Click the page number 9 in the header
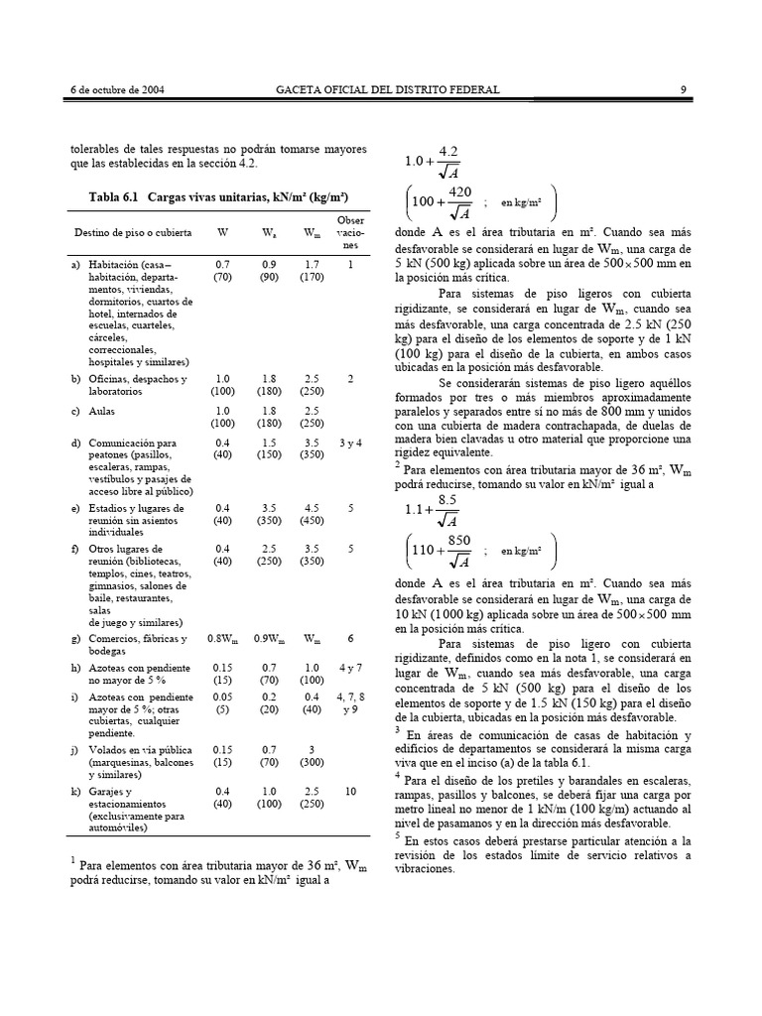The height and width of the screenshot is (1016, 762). pos(684,90)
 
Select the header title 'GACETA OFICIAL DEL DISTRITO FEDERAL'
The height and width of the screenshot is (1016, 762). pos(387,90)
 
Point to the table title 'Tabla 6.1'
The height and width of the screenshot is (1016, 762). pos(117,196)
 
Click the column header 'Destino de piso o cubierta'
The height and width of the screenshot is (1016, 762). pos(130,233)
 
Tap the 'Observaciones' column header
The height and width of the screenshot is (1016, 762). pos(350,234)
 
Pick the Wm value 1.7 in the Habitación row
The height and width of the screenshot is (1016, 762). pos(312,266)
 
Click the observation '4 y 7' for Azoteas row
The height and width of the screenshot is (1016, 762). pos(350,670)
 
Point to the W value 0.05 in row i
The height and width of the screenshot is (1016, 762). pos(222,699)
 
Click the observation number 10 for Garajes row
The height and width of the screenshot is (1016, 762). pos(350,791)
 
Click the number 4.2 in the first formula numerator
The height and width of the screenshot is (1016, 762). pos(447,151)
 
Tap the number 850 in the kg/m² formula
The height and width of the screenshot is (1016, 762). pos(460,537)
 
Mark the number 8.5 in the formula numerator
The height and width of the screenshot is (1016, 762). pos(447,498)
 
